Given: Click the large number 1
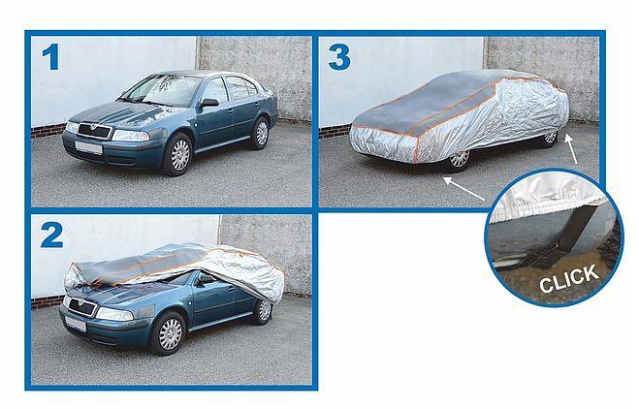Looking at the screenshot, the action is point(51,57).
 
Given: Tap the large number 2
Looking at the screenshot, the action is point(51,236).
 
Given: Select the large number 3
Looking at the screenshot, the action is point(339,57).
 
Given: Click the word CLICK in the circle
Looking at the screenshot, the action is point(569,278).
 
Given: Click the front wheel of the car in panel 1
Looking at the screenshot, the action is point(178,155).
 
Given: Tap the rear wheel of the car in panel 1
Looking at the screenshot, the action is point(261,134).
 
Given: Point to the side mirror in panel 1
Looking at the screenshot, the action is point(208,103).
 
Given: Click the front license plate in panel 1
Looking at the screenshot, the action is point(88,147).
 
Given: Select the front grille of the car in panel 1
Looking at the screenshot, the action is point(94,131).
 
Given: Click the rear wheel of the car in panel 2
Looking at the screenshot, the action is point(265,311).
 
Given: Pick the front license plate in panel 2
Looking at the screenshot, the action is point(76,324).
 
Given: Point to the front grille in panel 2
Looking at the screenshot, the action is point(81,306).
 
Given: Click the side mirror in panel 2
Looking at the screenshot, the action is point(206,279).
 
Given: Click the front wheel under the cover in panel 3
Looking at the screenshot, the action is point(459,159).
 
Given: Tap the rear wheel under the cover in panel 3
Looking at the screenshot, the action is point(550,138).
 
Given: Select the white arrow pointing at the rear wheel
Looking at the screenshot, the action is point(570,148).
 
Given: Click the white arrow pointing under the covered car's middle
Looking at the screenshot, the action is point(464,188).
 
